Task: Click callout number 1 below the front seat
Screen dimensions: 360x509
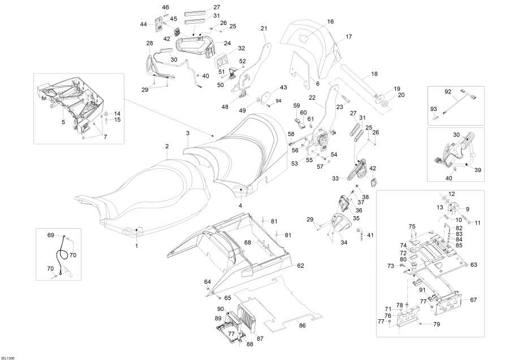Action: (x=136, y=246)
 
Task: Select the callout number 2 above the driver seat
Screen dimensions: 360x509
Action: (x=167, y=147)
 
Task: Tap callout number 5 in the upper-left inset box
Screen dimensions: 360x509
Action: (x=63, y=121)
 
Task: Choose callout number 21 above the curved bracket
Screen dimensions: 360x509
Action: (x=264, y=28)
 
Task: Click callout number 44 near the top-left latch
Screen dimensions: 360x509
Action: (x=144, y=25)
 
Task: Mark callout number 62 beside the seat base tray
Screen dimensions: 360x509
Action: (x=300, y=265)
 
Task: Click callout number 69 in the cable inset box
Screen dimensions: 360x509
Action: (x=50, y=234)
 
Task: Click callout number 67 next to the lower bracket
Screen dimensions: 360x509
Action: (x=474, y=299)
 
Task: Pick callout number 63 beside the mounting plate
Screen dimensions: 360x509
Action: (x=474, y=264)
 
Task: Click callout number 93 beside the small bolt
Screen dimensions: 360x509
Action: (x=434, y=109)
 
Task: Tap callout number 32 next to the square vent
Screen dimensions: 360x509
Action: (x=226, y=49)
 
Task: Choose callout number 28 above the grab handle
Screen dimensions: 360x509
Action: (x=149, y=43)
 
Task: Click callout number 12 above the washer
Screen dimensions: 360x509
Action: (x=451, y=194)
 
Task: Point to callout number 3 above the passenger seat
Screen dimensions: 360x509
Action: (x=187, y=133)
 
